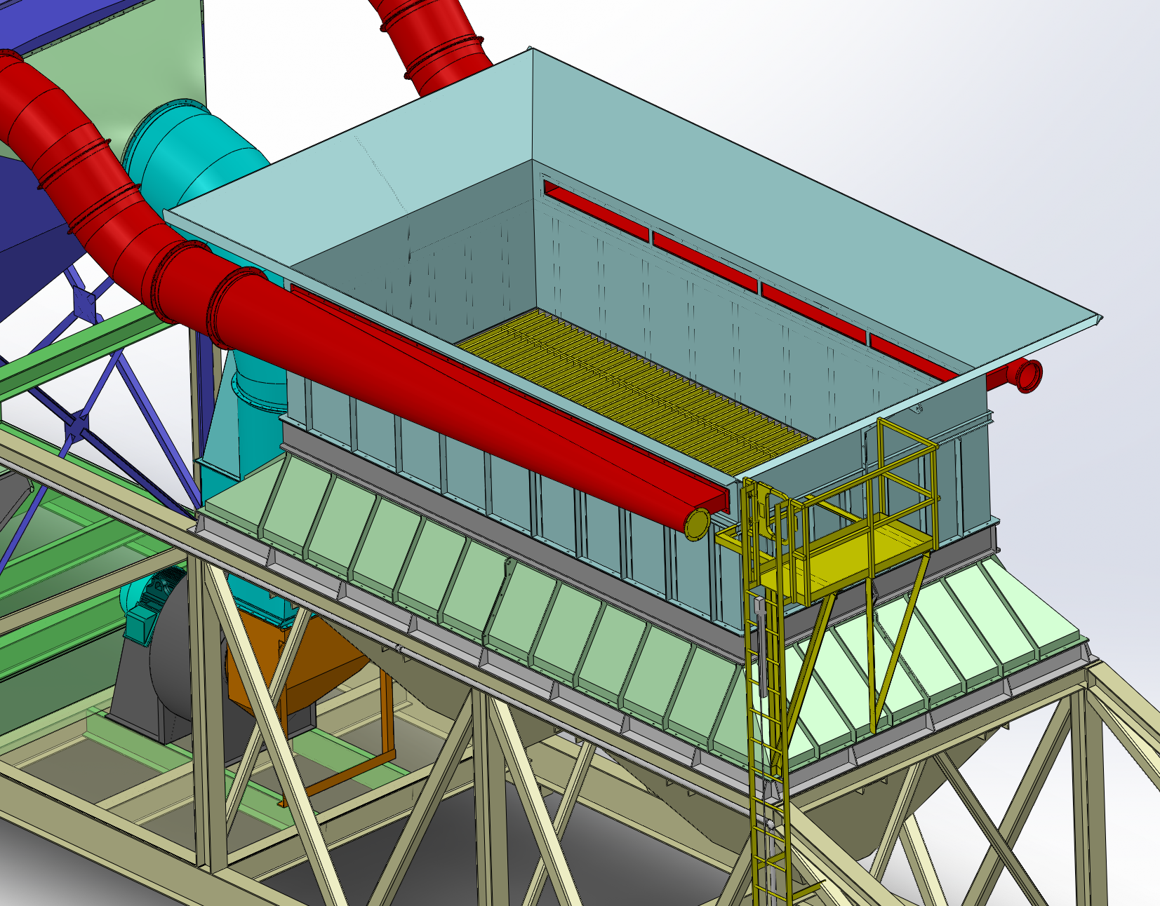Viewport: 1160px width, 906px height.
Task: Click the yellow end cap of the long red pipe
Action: (x=697, y=523)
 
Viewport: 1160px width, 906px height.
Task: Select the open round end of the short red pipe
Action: (x=1029, y=374)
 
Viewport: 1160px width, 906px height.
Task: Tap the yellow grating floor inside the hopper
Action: (x=632, y=379)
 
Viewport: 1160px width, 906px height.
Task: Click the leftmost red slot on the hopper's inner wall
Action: (x=596, y=210)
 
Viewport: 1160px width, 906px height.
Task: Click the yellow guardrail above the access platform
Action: (x=905, y=456)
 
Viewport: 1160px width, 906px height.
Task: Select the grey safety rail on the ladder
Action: (x=761, y=645)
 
